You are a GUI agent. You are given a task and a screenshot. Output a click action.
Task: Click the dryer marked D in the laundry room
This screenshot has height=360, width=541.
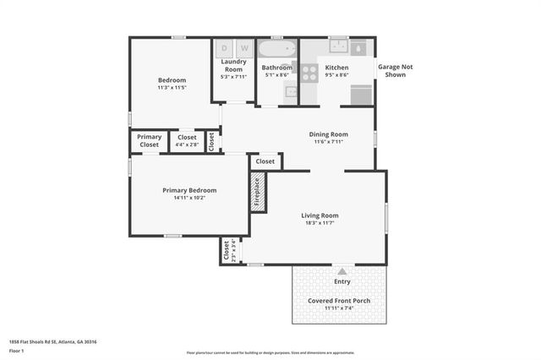pyautogui.click(x=225, y=48)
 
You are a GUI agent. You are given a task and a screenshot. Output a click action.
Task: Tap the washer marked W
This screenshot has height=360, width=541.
pyautogui.click(x=244, y=48)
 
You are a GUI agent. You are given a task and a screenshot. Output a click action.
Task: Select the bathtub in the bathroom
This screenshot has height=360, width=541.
pyautogui.click(x=276, y=46)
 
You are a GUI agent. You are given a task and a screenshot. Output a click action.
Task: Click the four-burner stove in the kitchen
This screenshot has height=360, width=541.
pyautogui.click(x=309, y=71)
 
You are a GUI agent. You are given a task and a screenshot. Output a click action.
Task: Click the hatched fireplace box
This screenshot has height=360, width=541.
pyautogui.click(x=258, y=193)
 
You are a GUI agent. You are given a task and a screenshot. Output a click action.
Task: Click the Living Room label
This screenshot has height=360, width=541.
pyautogui.click(x=320, y=215)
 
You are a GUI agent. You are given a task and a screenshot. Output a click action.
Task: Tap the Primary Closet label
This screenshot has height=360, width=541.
pyautogui.click(x=150, y=140)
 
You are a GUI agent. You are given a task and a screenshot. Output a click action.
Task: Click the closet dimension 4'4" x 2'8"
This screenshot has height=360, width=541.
pyautogui.click(x=187, y=145)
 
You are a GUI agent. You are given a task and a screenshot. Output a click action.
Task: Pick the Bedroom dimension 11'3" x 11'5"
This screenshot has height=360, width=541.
pyautogui.click(x=171, y=88)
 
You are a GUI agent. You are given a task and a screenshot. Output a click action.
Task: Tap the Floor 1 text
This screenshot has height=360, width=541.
pyautogui.click(x=16, y=350)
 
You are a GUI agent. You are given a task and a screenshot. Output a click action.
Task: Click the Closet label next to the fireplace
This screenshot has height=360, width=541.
pyautogui.click(x=265, y=161)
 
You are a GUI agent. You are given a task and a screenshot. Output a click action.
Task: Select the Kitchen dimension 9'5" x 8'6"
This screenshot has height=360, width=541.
pyautogui.click(x=336, y=75)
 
